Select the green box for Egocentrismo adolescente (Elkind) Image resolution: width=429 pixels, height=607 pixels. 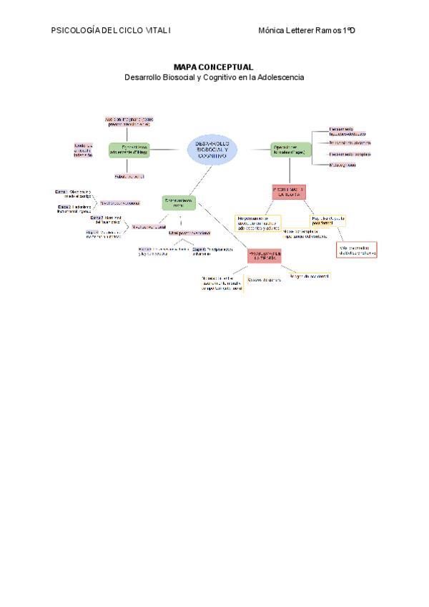(129, 150)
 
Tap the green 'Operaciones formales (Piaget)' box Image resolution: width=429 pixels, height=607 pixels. (290, 150)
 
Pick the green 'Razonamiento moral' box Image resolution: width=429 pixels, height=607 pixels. (179, 203)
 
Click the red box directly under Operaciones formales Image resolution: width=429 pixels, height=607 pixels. (289, 192)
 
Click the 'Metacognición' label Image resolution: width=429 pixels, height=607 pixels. (343, 165)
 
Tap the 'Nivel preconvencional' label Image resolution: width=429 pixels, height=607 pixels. (119, 203)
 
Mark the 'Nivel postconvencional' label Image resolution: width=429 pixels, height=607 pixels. (189, 233)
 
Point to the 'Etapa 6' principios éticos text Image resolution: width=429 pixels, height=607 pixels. (212, 251)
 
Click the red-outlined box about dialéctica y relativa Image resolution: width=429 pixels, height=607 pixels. (357, 250)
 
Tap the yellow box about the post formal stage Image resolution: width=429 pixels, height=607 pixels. (328, 220)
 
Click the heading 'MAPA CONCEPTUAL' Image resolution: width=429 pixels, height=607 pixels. (214, 66)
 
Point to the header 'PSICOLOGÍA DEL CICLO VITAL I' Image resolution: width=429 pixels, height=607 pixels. (111, 31)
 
